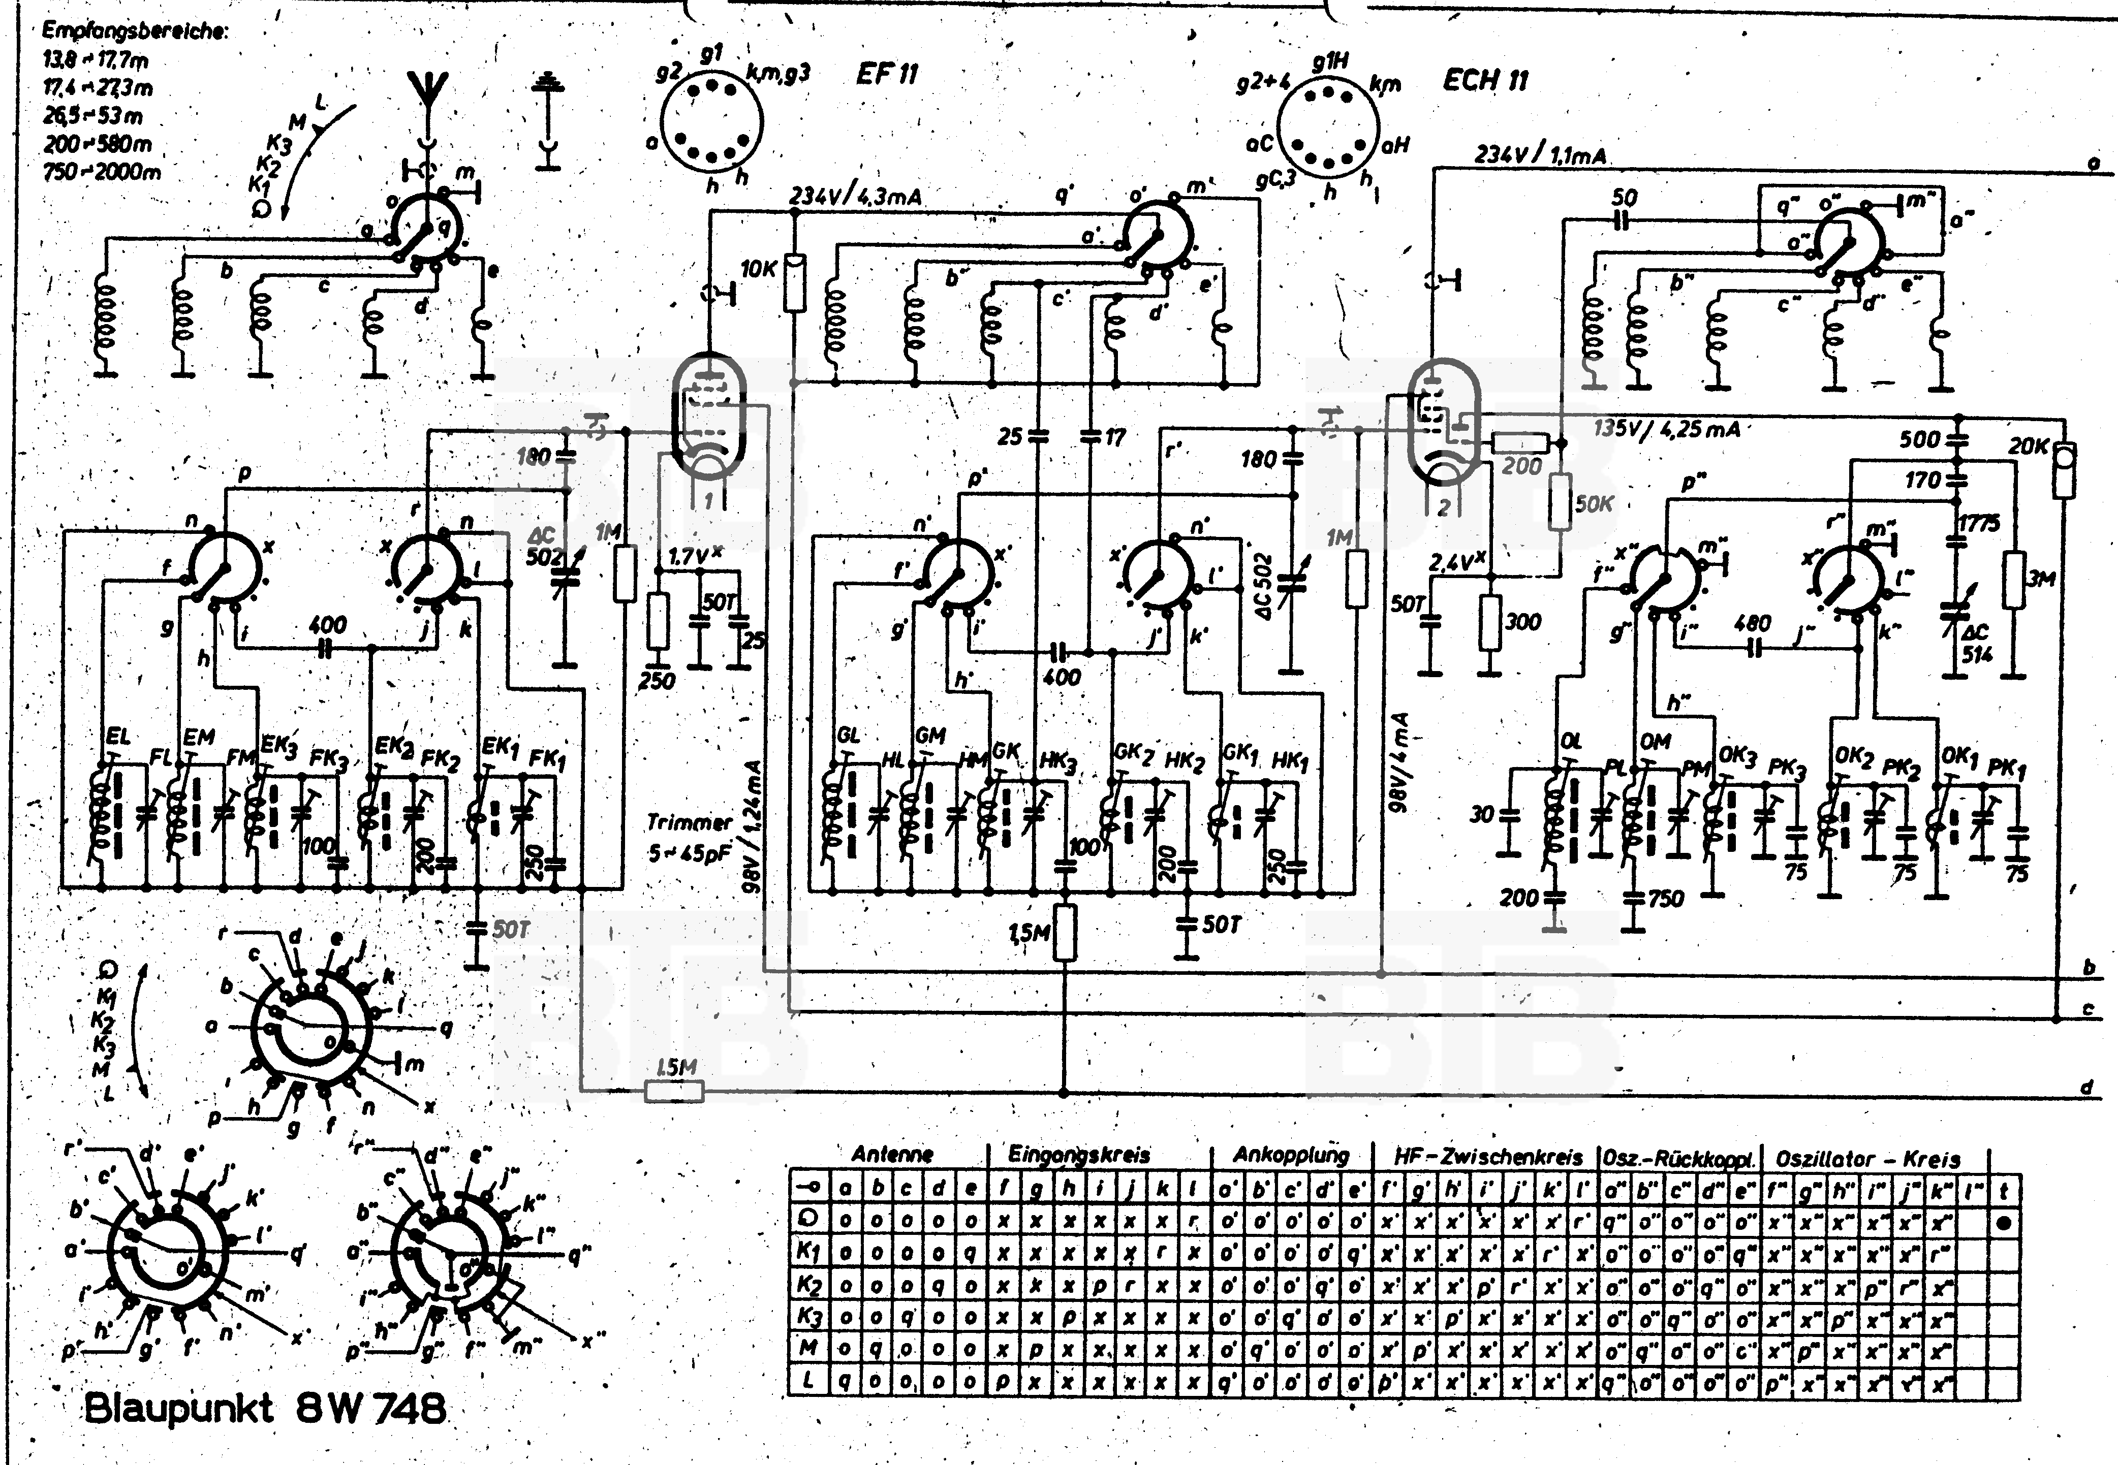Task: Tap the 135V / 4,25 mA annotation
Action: coord(1666,429)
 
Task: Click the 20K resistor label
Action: coord(2027,446)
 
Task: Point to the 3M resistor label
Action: coord(2041,578)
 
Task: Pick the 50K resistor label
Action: coord(1593,504)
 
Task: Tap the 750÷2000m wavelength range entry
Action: coord(101,172)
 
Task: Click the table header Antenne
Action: coord(891,1154)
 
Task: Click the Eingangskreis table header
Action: coord(1079,1154)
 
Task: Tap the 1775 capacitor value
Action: coord(1978,523)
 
